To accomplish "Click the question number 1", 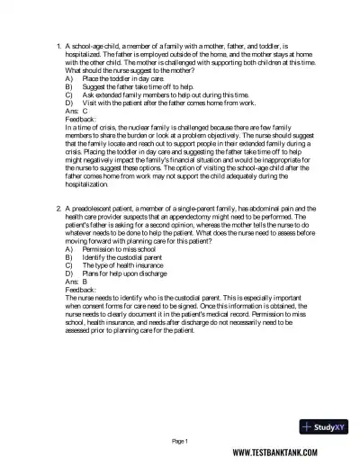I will [x=58, y=45].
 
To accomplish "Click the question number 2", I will [x=58, y=208].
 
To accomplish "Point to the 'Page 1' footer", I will [x=179, y=441].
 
